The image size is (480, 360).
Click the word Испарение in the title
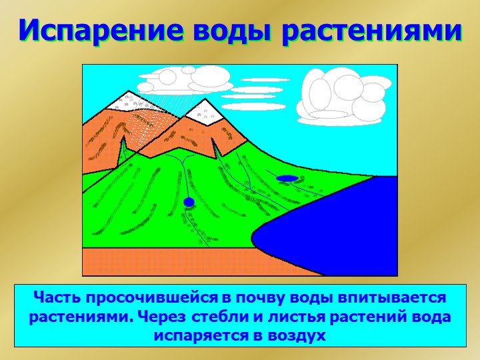click(x=101, y=31)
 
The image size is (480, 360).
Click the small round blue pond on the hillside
click(x=189, y=202)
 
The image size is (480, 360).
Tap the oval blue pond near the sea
click(x=287, y=178)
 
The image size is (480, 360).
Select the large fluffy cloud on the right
click(x=343, y=97)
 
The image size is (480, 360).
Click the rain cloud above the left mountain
click(x=184, y=79)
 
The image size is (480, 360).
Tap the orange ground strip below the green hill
click(x=199, y=262)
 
